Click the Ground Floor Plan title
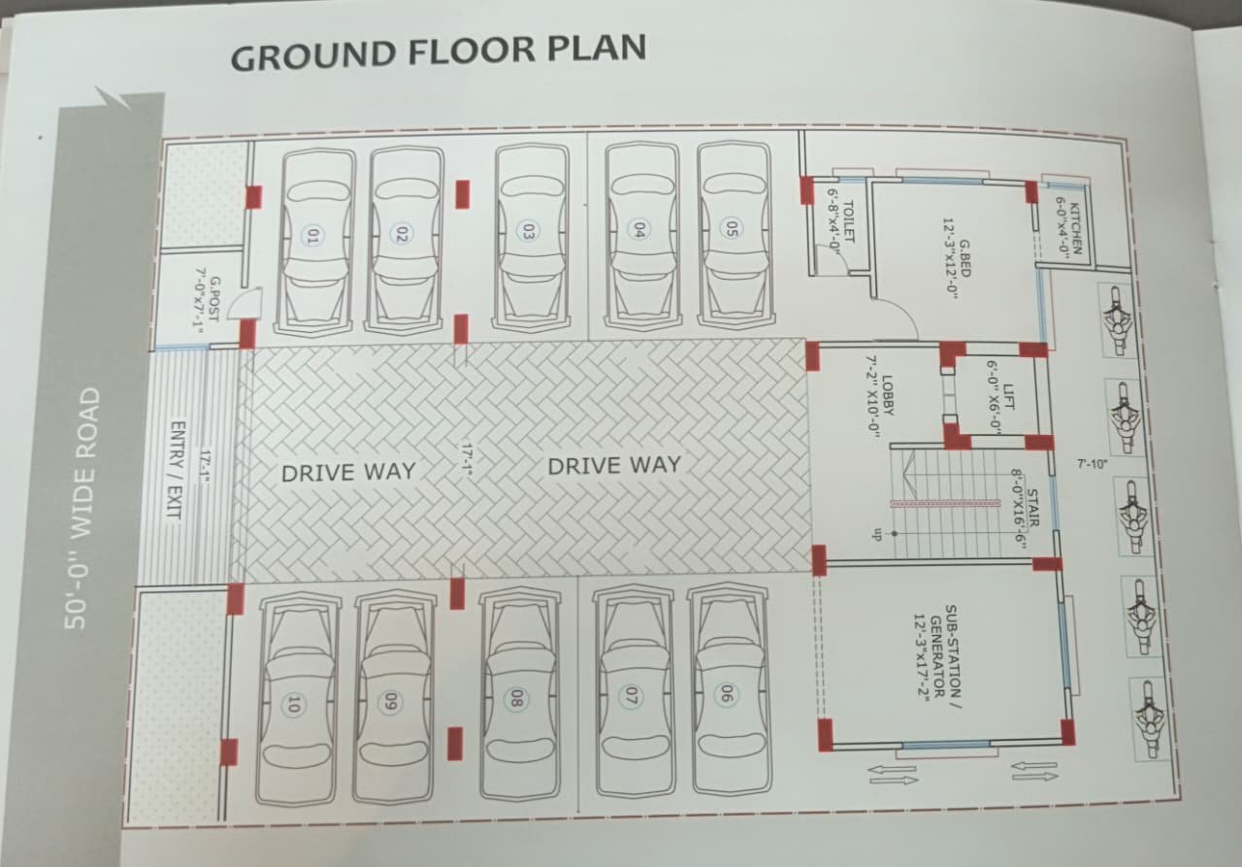point(438,51)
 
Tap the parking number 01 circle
point(313,235)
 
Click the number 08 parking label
point(516,698)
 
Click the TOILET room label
point(841,226)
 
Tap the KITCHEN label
point(1068,227)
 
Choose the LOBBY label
point(880,395)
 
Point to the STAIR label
point(1026,508)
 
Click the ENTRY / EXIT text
point(177,469)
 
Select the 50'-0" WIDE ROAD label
point(82,508)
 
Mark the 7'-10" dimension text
point(1093,464)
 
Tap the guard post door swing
point(246,303)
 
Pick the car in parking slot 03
point(531,236)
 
